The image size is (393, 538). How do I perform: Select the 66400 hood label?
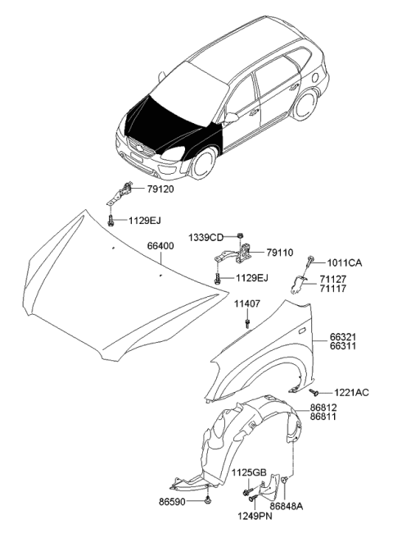point(160,245)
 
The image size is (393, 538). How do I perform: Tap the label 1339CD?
point(206,237)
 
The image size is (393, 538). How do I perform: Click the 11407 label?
point(247,304)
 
